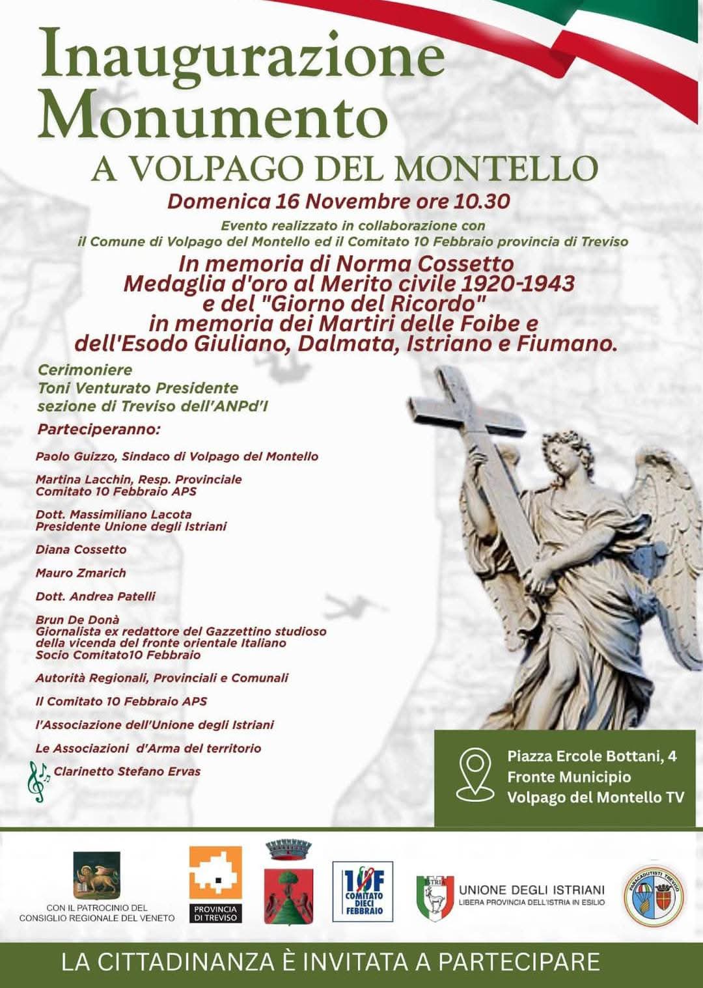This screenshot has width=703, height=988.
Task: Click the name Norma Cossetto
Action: click(424, 264)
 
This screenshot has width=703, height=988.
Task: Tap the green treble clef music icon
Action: click(38, 781)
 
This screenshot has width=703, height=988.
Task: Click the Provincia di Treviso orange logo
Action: click(215, 884)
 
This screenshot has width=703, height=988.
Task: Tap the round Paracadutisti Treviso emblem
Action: click(654, 896)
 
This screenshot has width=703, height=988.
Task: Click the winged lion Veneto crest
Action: click(96, 875)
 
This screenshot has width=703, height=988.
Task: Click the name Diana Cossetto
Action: click(81, 550)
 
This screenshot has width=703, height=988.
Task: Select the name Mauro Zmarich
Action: click(81, 573)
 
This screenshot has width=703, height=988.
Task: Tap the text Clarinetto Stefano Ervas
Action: click(127, 771)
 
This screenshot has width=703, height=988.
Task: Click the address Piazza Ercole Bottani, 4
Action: click(592, 756)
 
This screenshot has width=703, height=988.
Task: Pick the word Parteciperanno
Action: click(99, 430)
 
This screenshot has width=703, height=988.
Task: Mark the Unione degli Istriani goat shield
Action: click(435, 898)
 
